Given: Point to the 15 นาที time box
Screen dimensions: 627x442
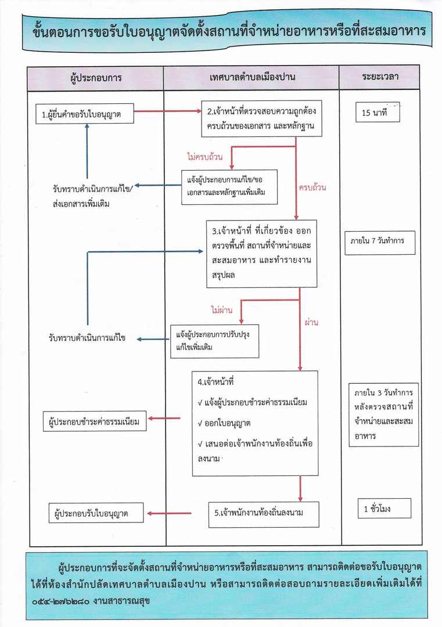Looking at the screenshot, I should pos(379,113).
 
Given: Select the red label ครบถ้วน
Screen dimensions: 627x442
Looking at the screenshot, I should pos(312,188).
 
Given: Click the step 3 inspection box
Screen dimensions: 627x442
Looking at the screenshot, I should pos(262,254).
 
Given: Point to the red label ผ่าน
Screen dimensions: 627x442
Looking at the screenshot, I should pos(312,322).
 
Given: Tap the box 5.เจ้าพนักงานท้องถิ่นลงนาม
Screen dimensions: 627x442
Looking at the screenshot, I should pos(264,513).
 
